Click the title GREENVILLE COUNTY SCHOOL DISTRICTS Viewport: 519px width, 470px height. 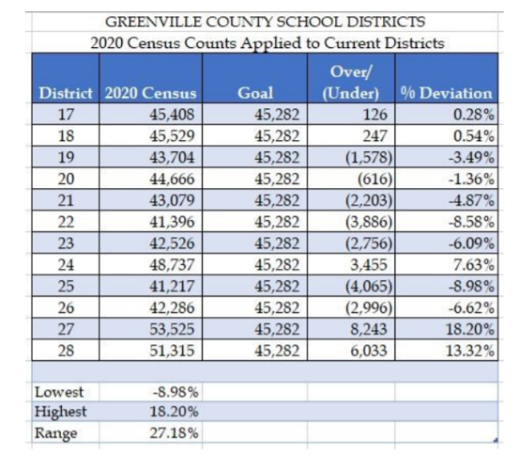[265, 20]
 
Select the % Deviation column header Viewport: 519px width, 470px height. [447, 94]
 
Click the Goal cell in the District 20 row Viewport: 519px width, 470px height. [274, 180]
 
